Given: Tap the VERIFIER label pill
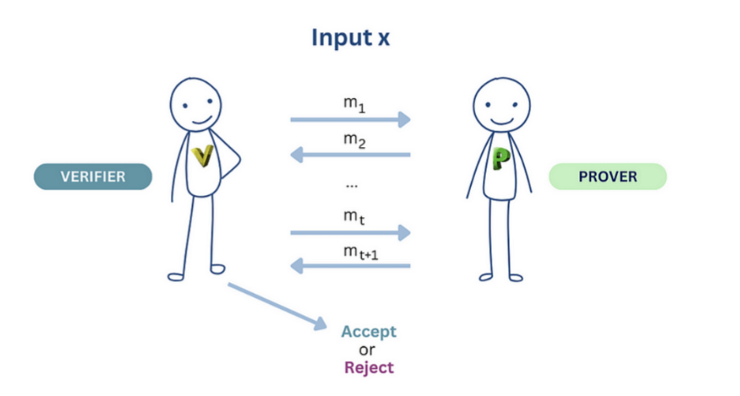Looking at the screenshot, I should (93, 176).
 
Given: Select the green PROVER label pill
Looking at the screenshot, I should (608, 176).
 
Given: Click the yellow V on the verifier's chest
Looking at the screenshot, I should (203, 155).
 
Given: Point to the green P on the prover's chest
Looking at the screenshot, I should (502, 159).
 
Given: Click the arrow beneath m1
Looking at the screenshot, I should (351, 119).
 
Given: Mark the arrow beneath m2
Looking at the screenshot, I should (351, 155).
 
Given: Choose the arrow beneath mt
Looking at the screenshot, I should (351, 232).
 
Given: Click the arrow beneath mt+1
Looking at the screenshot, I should (351, 265).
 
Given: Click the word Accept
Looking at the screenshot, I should (368, 331).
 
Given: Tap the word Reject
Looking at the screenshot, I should (368, 367).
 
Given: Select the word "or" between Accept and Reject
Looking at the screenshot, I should (368, 350).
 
